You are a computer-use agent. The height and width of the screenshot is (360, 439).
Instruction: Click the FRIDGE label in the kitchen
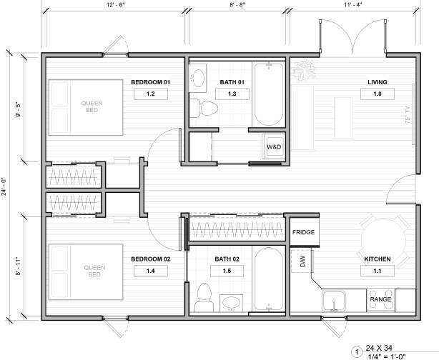303,232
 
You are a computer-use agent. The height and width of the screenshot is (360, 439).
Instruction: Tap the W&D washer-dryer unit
273,147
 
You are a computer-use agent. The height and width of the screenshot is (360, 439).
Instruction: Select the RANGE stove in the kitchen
380,300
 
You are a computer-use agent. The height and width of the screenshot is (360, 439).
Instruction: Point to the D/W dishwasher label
302,261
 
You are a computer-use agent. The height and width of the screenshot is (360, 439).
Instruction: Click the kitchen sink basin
333,301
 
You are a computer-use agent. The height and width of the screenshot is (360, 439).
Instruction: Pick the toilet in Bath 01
204,109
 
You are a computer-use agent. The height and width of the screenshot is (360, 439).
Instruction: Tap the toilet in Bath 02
204,297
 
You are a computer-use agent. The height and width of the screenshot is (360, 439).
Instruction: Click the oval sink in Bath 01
199,79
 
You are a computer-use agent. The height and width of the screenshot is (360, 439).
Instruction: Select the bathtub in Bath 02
269,279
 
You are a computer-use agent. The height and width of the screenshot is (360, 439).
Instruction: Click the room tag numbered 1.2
151,94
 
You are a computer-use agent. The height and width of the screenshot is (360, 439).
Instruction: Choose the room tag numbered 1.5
227,271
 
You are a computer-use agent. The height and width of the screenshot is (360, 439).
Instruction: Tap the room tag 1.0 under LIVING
378,94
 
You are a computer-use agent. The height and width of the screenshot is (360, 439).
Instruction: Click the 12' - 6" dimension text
115,6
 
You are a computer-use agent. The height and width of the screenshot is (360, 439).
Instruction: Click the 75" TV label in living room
408,114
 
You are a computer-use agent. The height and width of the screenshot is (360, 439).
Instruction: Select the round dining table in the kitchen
383,241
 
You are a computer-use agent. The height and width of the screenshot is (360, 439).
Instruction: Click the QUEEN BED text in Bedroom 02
94,271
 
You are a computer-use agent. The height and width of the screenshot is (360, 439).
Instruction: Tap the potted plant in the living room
304,70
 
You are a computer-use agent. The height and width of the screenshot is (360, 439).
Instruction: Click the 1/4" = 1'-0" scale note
386,356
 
